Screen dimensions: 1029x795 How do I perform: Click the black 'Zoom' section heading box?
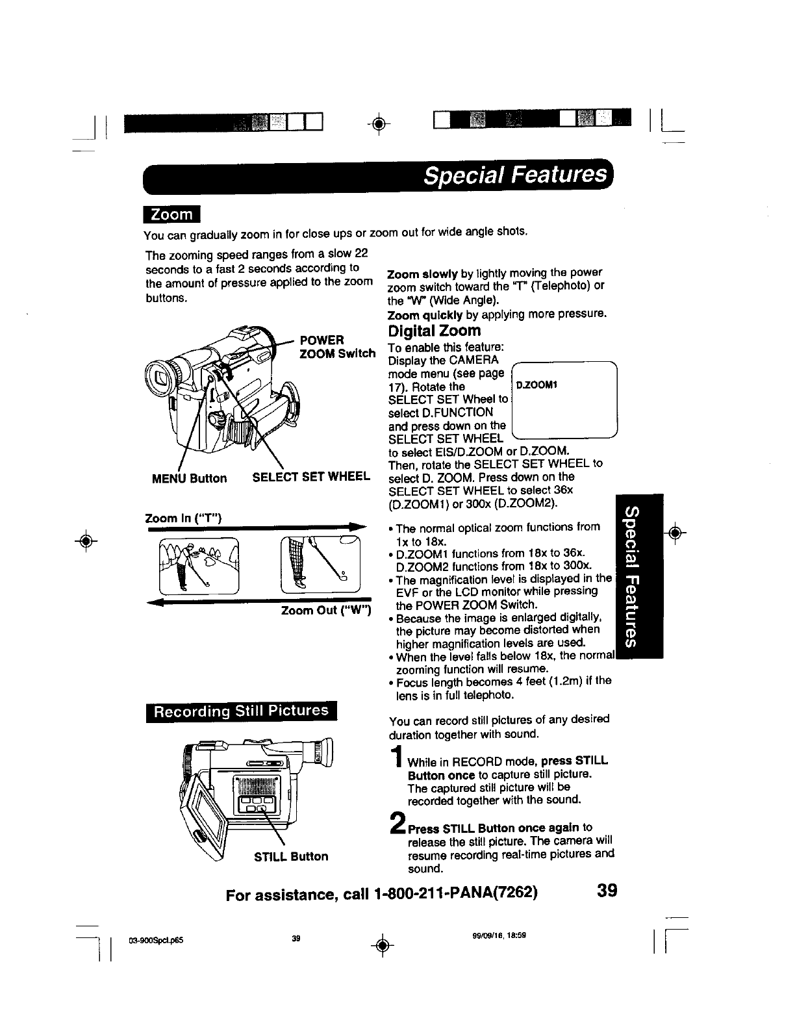172,215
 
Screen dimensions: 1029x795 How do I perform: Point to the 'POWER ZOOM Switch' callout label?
336,347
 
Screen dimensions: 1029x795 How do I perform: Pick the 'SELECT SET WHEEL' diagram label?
311,477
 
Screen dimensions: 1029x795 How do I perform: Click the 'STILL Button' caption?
291,856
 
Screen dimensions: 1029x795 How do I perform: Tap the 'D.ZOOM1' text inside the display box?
537,385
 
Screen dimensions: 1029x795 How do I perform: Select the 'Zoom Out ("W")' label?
325,611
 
